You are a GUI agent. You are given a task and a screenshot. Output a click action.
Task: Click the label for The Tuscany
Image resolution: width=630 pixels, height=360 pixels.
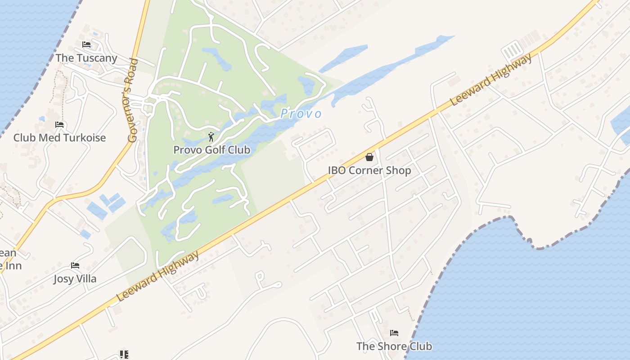pyautogui.click(x=86, y=58)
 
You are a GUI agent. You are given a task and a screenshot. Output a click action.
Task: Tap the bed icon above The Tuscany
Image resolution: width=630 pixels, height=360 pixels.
pyautogui.click(x=86, y=45)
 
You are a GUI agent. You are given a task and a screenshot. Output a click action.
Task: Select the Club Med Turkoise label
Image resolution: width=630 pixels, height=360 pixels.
pyautogui.click(x=59, y=138)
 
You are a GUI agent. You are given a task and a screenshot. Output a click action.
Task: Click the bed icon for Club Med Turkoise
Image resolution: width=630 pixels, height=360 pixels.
pyautogui.click(x=59, y=125)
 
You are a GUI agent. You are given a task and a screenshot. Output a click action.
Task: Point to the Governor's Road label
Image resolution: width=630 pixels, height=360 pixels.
pyautogui.click(x=133, y=100)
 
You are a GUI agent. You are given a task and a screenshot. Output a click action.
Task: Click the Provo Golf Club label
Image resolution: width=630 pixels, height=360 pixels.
pyautogui.click(x=211, y=150)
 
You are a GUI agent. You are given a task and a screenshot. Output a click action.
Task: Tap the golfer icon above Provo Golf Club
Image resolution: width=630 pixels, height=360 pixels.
pyautogui.click(x=211, y=136)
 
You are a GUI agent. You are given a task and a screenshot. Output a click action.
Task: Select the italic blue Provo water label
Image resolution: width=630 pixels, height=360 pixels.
pyautogui.click(x=301, y=114)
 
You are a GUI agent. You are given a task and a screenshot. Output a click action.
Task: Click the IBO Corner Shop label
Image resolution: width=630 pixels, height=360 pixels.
pyautogui.click(x=369, y=171)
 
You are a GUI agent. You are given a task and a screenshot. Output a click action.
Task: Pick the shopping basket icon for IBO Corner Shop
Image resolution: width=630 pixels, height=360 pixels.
pyautogui.click(x=369, y=157)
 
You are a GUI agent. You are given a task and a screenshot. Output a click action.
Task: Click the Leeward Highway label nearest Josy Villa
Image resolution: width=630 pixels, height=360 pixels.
pyautogui.click(x=157, y=276)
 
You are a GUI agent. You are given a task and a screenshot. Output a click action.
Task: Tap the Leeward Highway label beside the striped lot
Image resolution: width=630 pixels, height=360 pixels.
pyautogui.click(x=491, y=79)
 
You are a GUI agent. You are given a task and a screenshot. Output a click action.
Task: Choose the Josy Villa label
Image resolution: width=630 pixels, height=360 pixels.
pyautogui.click(x=75, y=279)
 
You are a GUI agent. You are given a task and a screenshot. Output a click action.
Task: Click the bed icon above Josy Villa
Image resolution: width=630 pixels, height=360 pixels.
pyautogui.click(x=75, y=266)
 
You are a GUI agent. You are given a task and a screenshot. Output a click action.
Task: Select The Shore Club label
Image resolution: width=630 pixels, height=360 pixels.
pyautogui.click(x=394, y=346)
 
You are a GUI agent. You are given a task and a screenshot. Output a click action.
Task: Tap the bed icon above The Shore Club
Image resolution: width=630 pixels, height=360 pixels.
pyautogui.click(x=395, y=333)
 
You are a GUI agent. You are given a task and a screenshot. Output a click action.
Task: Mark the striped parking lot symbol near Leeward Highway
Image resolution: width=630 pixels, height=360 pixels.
pyautogui.click(x=512, y=49)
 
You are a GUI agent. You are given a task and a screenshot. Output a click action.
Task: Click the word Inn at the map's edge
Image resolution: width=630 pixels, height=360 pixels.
pyautogui.click(x=13, y=265)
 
